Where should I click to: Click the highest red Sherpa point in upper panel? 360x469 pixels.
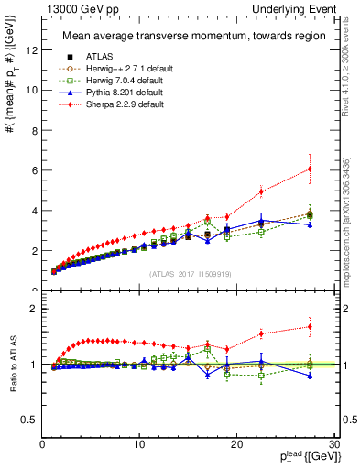(310, 169)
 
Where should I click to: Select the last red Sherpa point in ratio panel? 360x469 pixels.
(310, 326)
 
